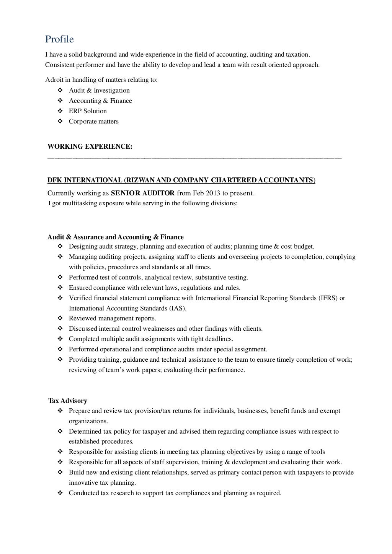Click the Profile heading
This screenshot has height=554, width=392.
click(x=59, y=39)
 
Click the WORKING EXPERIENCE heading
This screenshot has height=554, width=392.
click(x=90, y=146)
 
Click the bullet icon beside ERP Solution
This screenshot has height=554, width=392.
click(x=60, y=111)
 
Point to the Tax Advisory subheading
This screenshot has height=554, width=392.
click(x=68, y=401)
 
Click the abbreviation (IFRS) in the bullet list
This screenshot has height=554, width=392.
click(x=328, y=298)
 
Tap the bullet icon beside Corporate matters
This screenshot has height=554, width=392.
click(x=60, y=121)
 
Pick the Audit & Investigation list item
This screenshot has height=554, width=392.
click(x=99, y=90)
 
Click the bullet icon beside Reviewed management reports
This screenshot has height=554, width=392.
click(x=60, y=318)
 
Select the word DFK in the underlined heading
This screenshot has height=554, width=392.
click(x=55, y=180)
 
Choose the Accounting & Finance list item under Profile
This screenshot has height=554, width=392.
click(x=100, y=101)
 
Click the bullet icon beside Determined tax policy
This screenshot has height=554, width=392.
click(x=60, y=431)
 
